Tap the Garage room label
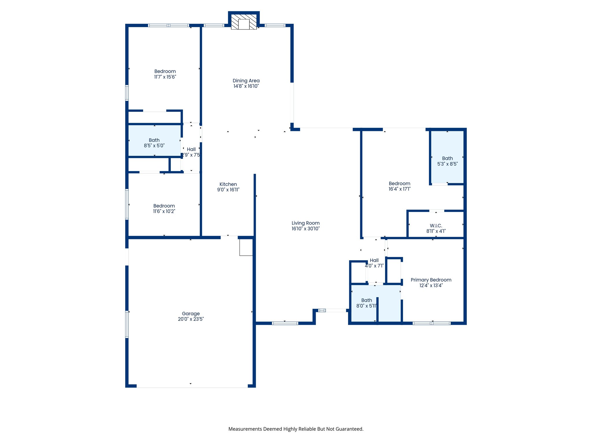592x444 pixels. [191, 313]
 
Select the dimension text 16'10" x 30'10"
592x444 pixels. [306, 228]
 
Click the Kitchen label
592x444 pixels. [228, 184]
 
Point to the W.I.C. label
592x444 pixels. [436, 225]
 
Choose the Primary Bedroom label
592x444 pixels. [431, 280]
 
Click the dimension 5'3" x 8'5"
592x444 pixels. [447, 164]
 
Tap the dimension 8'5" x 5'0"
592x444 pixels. [154, 145]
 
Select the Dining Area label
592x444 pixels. [246, 81]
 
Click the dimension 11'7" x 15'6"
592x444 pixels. [165, 77]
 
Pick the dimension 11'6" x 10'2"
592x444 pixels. [164, 211]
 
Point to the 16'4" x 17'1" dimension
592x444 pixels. [399, 189]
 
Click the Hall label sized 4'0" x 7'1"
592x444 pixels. [374, 260]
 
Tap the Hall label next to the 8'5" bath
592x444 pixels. [191, 149]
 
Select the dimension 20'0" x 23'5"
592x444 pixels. [191, 319]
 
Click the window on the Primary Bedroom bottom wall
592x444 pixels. [432, 323]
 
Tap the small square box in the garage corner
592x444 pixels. [246, 247]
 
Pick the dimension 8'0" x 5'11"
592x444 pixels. [366, 306]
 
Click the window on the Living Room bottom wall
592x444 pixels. [285, 323]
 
